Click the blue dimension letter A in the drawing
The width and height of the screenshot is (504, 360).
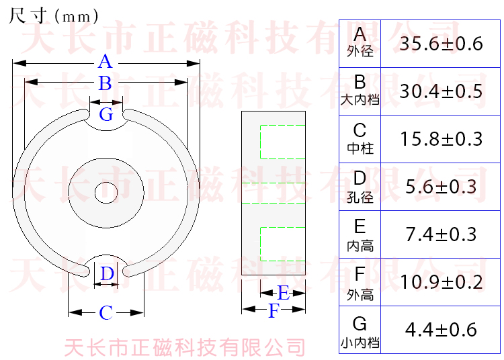click(105, 62)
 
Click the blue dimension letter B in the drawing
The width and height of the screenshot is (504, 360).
click(105, 83)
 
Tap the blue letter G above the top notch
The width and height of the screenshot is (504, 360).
click(106, 114)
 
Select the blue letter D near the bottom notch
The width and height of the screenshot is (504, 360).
click(106, 273)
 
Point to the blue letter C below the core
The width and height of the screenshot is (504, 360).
click(106, 312)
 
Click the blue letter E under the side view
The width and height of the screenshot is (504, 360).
click(283, 293)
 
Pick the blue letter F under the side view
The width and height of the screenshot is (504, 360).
click(273, 311)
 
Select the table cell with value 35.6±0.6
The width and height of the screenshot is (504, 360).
click(441, 44)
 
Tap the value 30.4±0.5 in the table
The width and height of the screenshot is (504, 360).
click(441, 91)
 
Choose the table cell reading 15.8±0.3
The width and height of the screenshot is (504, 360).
click(441, 139)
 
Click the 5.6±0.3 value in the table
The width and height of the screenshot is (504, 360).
click(441, 186)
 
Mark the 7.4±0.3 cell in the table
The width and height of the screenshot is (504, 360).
click(441, 234)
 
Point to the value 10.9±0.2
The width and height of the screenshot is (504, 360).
click(441, 281)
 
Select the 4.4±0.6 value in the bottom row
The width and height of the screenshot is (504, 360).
click(441, 330)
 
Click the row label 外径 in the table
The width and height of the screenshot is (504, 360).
click(360, 52)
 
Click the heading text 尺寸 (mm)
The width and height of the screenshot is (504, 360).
click(53, 15)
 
